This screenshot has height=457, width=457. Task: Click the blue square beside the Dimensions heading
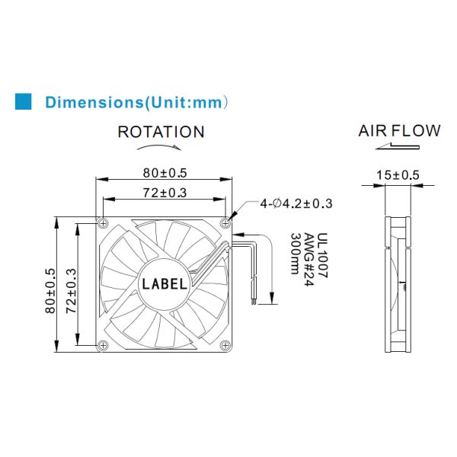(x=23, y=101)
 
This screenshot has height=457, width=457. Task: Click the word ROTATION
(x=161, y=132)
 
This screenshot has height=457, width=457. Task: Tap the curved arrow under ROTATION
(x=159, y=146)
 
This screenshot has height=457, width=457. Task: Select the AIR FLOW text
(x=399, y=130)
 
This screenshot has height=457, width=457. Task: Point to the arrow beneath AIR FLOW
(x=398, y=146)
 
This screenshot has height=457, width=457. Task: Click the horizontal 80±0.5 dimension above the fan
(x=165, y=173)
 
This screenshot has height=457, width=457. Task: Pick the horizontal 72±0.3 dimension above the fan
(x=165, y=193)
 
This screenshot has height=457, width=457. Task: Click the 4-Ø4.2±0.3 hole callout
(x=296, y=203)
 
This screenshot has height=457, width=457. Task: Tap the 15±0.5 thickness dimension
(x=398, y=175)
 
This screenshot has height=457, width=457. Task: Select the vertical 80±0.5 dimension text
(x=50, y=291)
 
